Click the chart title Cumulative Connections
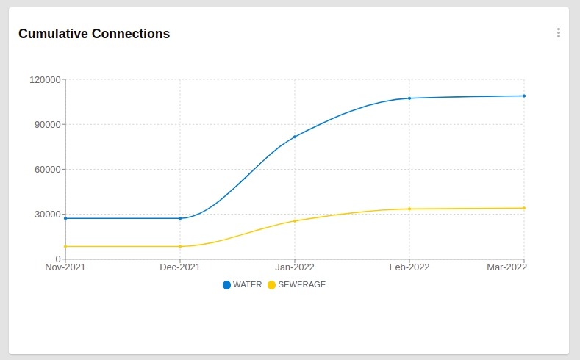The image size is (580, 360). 94,34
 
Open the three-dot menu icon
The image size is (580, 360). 558,32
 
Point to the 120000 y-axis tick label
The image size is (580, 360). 45,79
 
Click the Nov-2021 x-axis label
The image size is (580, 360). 65,267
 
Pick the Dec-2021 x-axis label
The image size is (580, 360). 180,267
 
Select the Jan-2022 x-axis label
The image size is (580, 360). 295,267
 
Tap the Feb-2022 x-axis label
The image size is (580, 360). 409,267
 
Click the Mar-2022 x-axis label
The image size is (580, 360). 507,267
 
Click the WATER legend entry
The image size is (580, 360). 243,284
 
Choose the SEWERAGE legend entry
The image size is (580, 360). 297,284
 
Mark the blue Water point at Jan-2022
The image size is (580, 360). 295,137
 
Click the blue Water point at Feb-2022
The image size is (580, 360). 409,98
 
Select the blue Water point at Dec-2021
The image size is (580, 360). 180,218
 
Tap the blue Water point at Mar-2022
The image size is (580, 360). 524,96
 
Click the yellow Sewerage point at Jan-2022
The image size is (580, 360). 295,221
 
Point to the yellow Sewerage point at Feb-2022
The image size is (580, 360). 409,209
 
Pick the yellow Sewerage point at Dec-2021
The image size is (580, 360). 180,246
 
